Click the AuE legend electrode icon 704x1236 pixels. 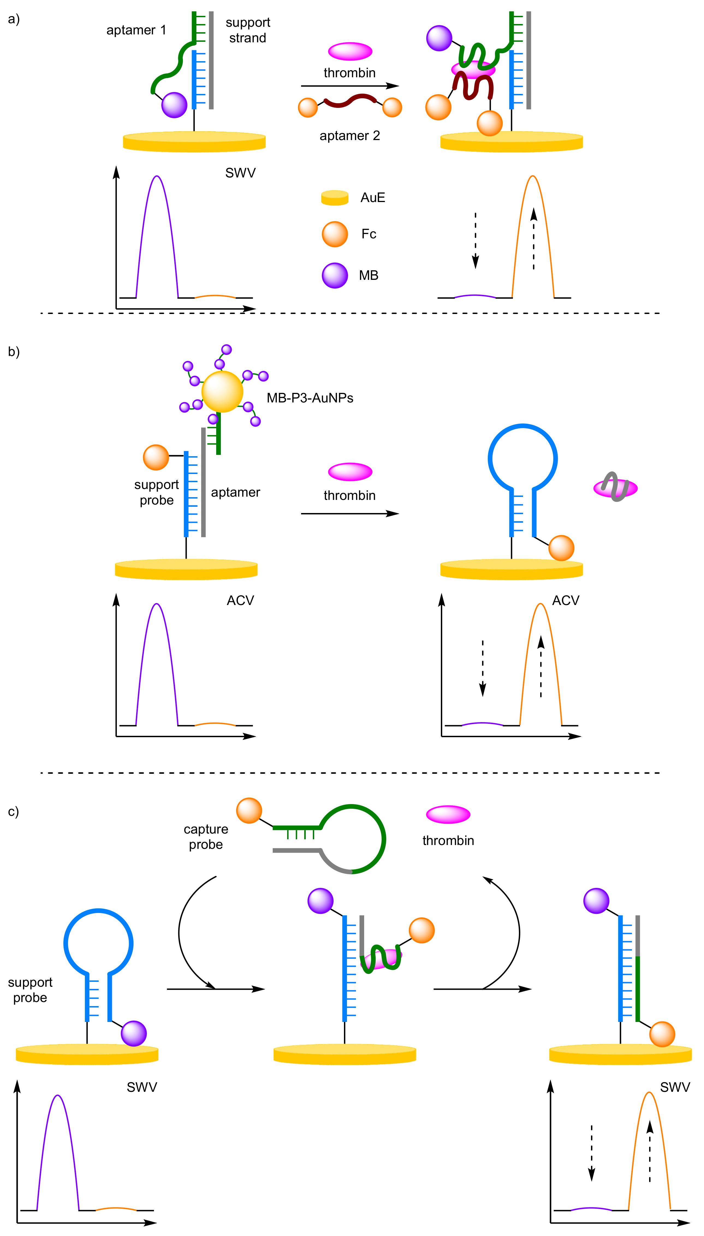(335, 198)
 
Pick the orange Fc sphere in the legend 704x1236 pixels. (335, 234)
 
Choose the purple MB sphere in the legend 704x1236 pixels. (335, 275)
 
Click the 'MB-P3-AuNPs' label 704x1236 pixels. (310, 398)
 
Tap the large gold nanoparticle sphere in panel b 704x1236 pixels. (222, 391)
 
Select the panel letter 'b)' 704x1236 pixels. (14, 352)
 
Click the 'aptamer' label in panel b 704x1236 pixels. (236, 492)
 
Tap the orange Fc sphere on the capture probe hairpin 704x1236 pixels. (249, 810)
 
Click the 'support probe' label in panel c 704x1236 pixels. (30, 989)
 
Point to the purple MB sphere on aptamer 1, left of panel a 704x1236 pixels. (174, 105)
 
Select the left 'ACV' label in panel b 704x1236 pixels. (240, 600)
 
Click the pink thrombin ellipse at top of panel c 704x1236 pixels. (448, 814)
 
